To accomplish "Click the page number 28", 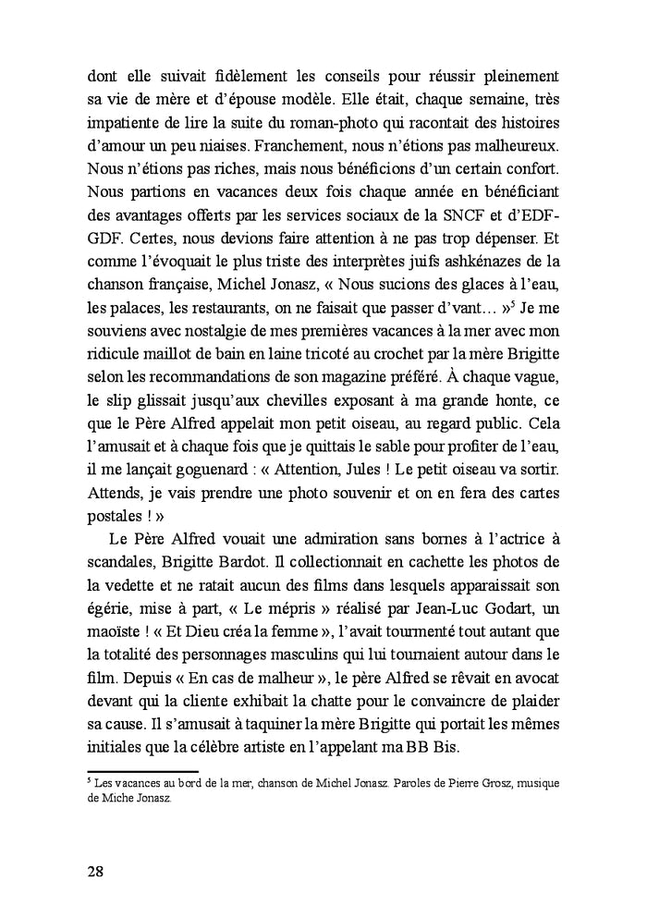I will (95, 871).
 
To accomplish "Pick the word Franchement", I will (302, 145).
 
